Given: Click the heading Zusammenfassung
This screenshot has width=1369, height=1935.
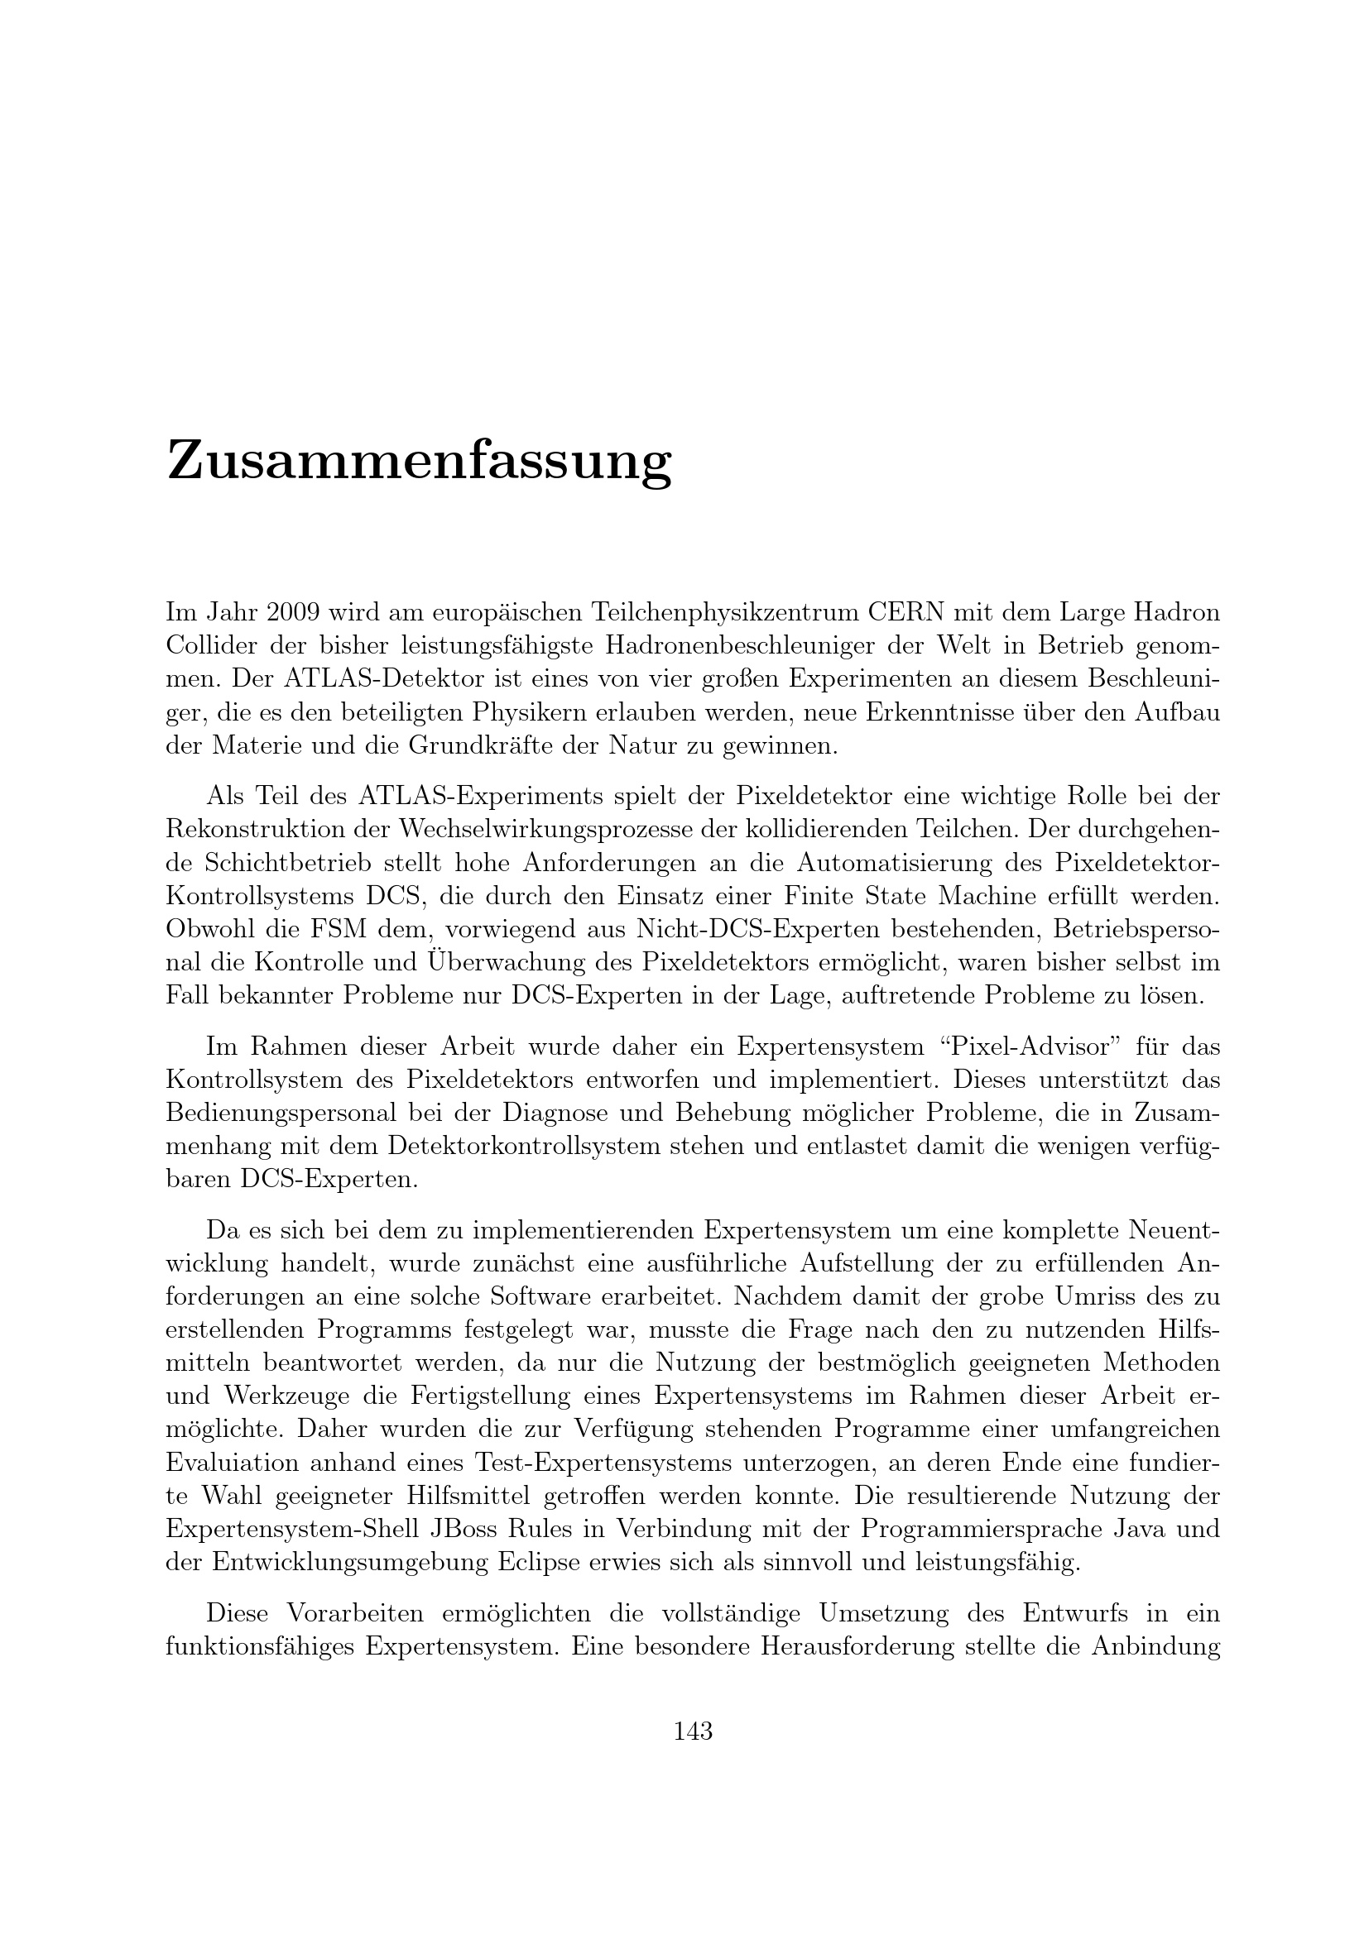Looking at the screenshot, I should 419,462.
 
